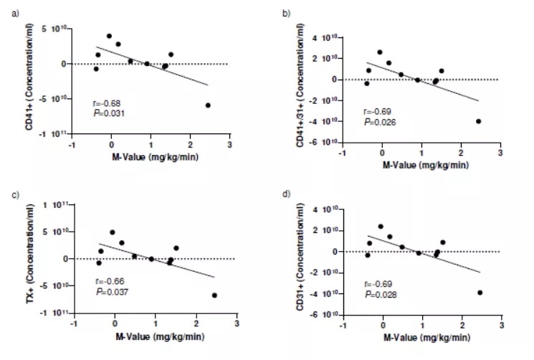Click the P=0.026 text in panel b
click(x=379, y=122)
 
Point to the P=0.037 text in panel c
click(x=110, y=290)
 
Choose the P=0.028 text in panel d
click(x=379, y=295)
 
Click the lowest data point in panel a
click(x=208, y=105)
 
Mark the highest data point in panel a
click(x=109, y=36)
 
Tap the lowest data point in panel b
click(x=478, y=121)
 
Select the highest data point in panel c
click(x=112, y=232)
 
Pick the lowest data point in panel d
click(x=480, y=293)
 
